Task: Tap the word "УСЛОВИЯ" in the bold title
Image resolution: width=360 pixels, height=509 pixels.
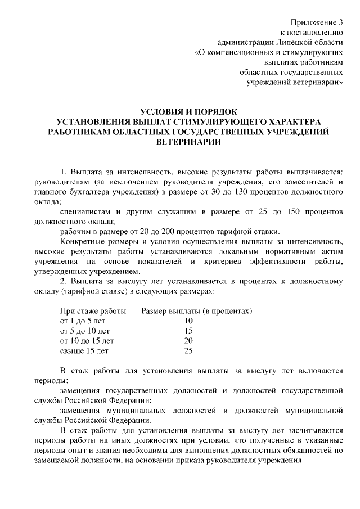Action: pyautogui.click(x=164, y=111)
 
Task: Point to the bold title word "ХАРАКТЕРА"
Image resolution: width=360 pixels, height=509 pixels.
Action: pyautogui.click(x=292, y=121)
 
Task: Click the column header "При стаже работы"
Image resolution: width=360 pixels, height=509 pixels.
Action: pyautogui.click(x=92, y=310)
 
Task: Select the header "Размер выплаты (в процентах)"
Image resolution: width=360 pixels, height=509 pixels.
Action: pyautogui.click(x=196, y=310)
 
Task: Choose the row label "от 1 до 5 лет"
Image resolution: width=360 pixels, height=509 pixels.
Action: pyautogui.click(x=82, y=321)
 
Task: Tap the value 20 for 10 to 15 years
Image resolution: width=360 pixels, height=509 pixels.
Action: pyautogui.click(x=188, y=341)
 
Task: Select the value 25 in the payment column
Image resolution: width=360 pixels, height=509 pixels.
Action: pyautogui.click(x=188, y=351)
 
